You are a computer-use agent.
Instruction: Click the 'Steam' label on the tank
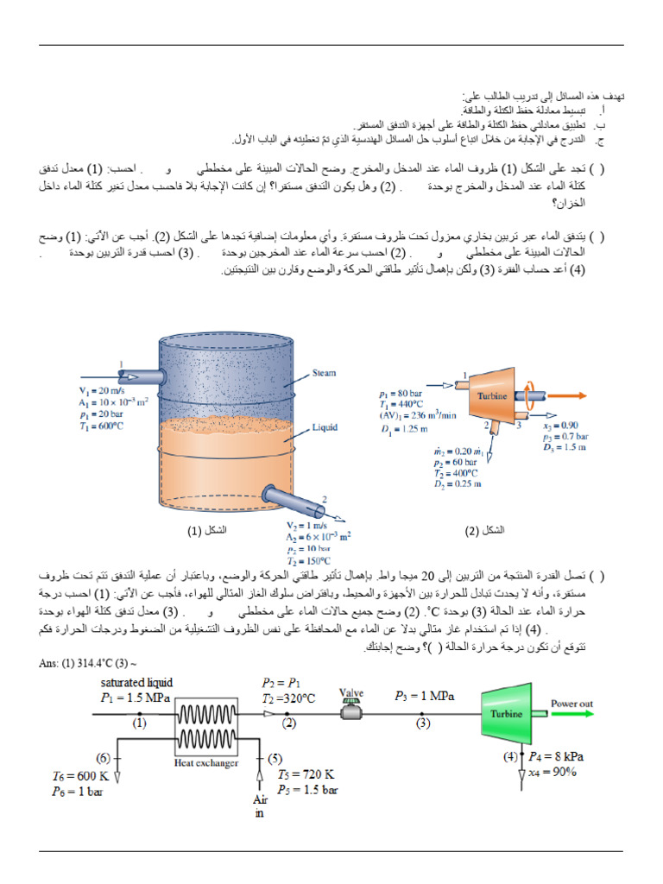324,373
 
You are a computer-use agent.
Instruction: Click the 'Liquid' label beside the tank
325,426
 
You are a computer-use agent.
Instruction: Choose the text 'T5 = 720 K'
303,774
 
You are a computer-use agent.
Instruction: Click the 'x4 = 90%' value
552,772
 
